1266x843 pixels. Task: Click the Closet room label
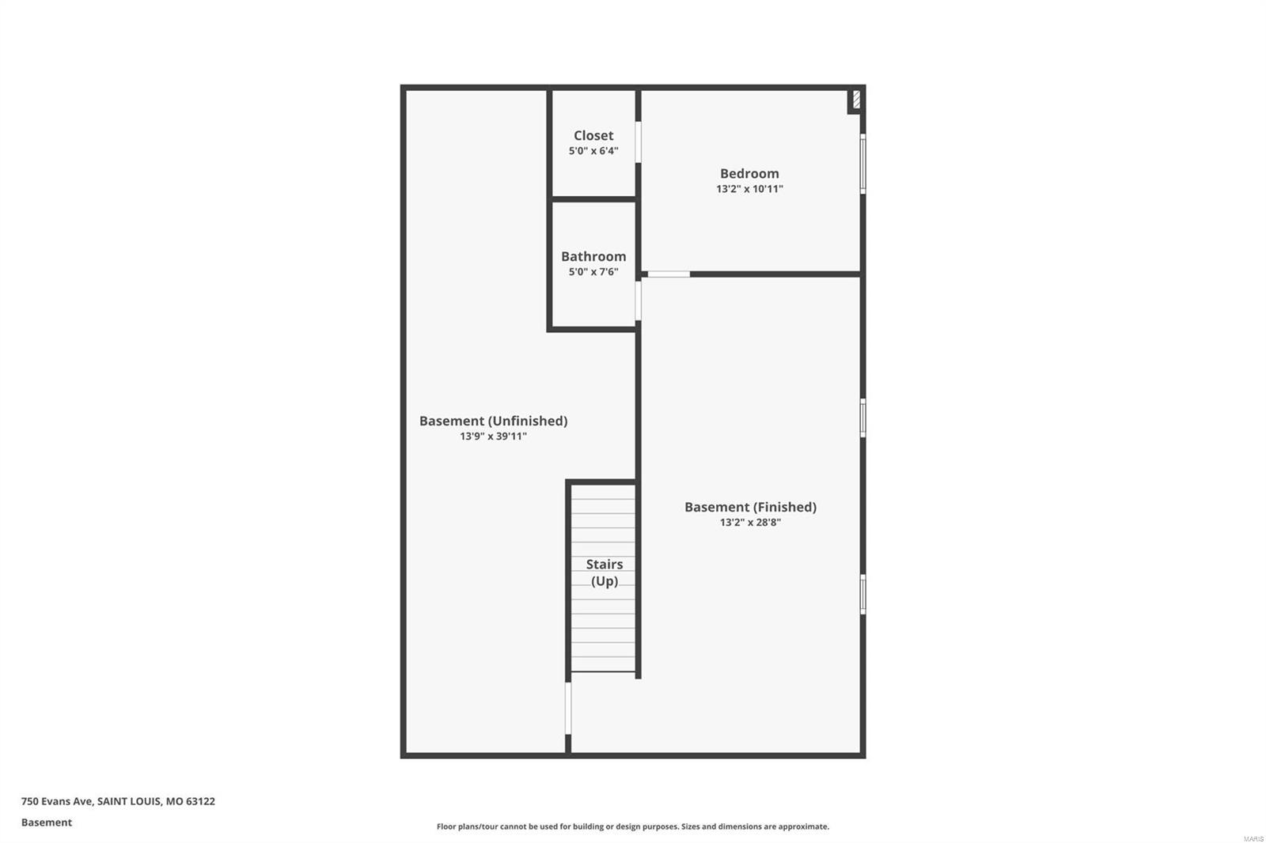593,135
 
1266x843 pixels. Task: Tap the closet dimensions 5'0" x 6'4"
593,151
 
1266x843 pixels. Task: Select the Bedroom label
749,173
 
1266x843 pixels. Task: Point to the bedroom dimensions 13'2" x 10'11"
749,189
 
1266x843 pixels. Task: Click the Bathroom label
593,256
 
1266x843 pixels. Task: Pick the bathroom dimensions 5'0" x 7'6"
593,272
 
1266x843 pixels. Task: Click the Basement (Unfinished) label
493,421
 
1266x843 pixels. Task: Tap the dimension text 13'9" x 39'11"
493,437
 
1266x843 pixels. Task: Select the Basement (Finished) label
750,507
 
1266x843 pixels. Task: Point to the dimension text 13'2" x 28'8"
750,523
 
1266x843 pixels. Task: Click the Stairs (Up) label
605,573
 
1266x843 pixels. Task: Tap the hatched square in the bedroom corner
856,100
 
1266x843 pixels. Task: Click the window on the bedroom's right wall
862,164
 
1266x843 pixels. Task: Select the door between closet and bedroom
639,142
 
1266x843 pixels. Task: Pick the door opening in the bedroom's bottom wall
669,274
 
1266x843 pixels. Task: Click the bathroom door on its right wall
639,301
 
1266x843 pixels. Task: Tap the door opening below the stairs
568,708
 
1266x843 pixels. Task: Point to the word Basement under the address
47,822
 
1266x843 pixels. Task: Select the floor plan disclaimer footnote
633,826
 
